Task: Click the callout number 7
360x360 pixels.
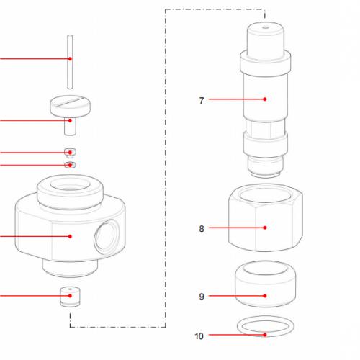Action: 202,99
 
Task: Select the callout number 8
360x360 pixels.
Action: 202,228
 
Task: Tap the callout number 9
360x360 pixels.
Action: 202,296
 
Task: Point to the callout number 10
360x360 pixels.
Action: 199,336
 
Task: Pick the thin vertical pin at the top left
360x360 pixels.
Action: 70,72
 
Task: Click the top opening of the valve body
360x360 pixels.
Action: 71,189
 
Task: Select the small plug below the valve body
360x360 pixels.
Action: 70,297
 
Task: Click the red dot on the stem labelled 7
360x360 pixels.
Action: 265,99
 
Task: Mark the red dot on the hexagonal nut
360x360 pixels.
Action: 265,228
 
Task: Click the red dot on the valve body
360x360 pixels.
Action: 70,236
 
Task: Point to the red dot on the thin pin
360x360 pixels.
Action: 70,58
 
